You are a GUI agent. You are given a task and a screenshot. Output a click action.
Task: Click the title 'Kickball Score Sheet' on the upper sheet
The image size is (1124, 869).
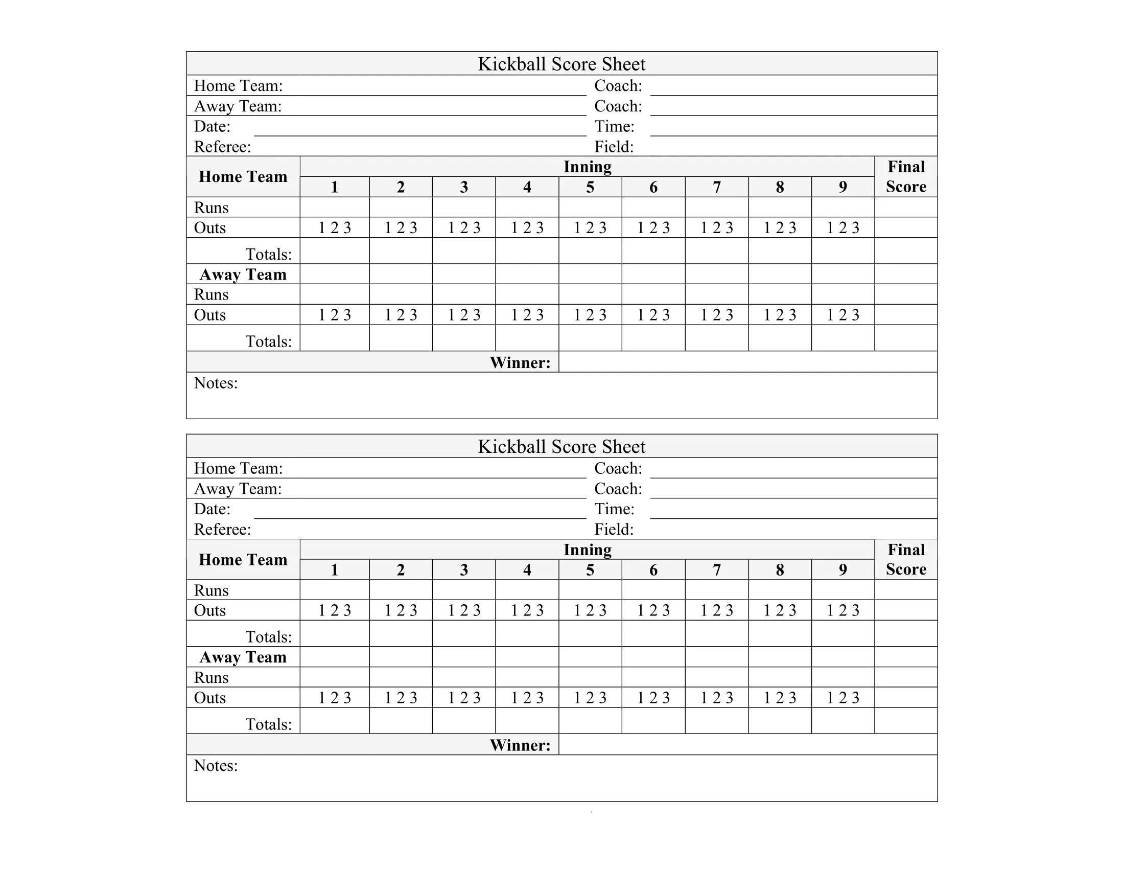tap(561, 64)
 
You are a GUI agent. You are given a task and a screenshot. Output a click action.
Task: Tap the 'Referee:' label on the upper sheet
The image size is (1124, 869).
tap(222, 147)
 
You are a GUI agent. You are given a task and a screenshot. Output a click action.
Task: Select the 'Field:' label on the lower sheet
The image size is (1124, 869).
tap(614, 530)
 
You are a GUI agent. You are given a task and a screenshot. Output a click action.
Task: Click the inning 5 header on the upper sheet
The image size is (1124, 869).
tap(590, 187)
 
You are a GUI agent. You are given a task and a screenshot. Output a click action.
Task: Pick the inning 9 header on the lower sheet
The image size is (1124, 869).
tap(842, 570)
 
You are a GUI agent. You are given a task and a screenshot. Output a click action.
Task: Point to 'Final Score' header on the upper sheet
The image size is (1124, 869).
tap(906, 176)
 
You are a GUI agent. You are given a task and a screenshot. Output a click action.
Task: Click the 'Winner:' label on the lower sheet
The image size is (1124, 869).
tap(520, 745)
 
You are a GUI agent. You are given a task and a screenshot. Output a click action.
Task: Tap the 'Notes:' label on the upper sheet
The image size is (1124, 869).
tap(216, 383)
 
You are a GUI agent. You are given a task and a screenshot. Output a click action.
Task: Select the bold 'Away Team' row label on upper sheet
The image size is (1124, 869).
tap(243, 275)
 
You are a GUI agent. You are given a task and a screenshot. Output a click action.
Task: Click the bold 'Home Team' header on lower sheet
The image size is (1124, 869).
tap(243, 560)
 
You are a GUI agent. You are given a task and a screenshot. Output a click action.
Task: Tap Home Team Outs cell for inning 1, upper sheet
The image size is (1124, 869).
tap(335, 227)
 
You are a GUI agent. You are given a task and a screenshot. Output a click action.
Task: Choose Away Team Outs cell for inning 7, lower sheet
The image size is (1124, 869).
tap(716, 698)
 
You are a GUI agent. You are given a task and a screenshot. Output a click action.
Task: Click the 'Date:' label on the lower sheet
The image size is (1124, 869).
tap(212, 509)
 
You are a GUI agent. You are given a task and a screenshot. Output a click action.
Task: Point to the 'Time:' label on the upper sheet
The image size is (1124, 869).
tap(614, 127)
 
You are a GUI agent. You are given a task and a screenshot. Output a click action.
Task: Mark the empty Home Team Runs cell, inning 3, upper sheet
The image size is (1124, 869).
tap(464, 207)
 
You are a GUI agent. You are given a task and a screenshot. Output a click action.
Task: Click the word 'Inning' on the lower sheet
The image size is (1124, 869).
tap(587, 550)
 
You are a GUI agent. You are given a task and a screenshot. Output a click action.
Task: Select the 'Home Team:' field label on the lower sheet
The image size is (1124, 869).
tap(238, 468)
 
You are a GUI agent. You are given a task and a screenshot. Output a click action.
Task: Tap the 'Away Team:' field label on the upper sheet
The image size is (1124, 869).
tap(238, 106)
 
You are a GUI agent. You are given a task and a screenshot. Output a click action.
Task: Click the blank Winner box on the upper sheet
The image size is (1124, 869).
tap(747, 362)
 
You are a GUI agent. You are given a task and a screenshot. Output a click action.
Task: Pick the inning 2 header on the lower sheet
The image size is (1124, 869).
tap(401, 570)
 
